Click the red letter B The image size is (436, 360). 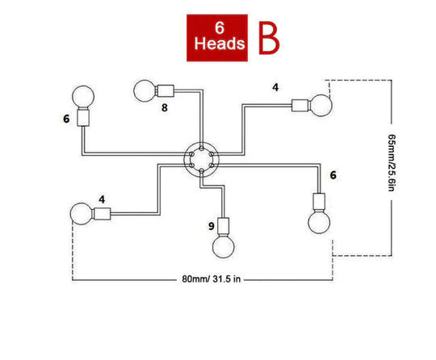269,38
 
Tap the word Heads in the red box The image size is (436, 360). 220,44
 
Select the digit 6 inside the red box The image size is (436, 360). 220,27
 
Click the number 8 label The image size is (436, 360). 165,107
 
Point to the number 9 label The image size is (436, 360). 212,226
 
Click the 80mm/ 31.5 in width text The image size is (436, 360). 212,278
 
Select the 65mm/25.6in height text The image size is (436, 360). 392,162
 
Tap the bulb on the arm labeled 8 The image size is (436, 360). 145,91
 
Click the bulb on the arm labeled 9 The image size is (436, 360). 224,246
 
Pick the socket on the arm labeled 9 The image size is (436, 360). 224,226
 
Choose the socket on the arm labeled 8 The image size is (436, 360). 165,91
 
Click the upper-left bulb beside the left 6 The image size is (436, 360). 83,97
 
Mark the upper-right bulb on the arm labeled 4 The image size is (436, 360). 321,106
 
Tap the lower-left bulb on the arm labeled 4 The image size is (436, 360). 81,214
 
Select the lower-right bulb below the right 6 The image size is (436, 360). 319,222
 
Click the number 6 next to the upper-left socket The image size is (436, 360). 66,119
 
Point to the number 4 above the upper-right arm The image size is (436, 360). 275,87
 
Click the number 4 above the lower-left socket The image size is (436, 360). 102,199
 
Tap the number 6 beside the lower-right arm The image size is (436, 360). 333,175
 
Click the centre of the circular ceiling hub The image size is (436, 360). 202,159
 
